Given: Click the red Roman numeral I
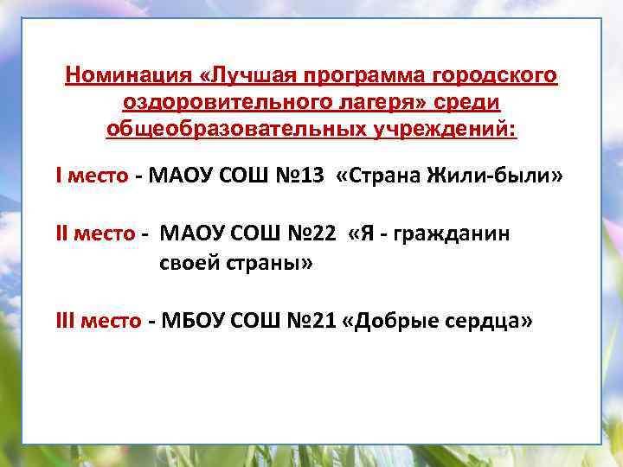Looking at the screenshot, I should point(58,176).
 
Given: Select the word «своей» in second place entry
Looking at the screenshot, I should point(185,263).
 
